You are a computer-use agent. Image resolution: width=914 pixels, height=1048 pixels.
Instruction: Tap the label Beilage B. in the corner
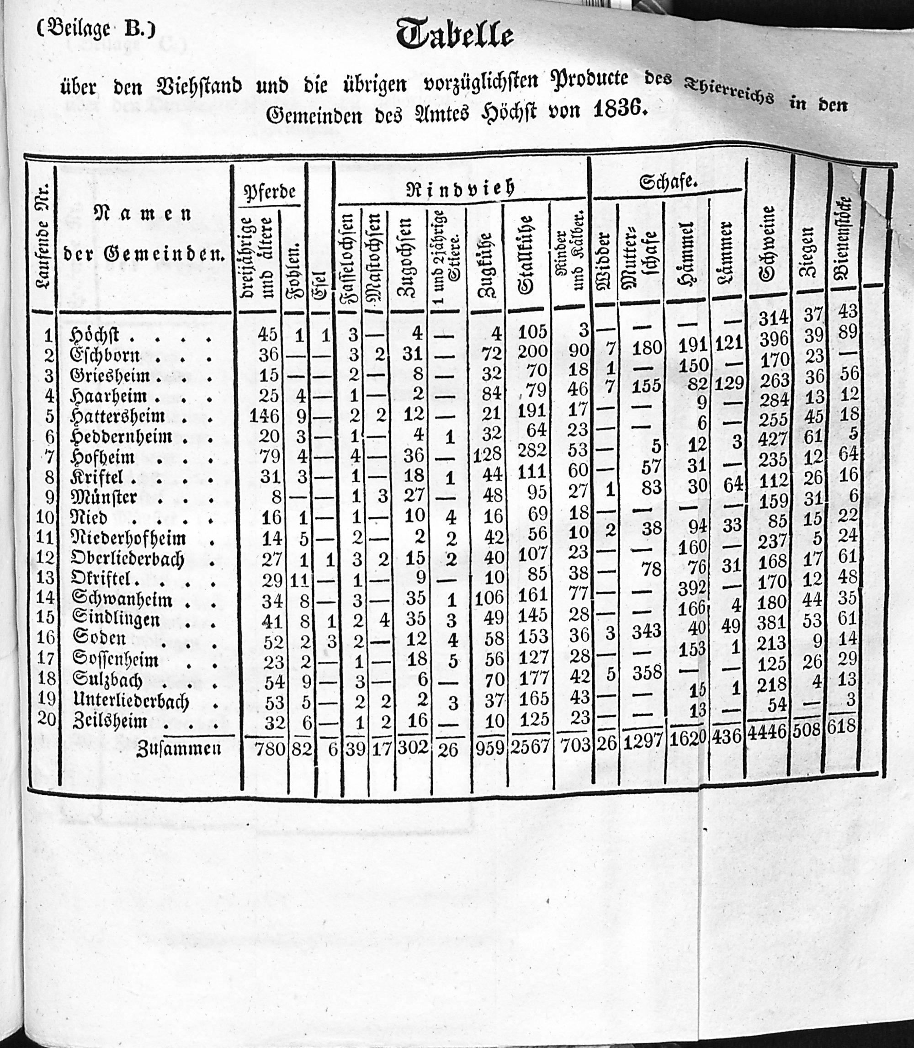(96, 29)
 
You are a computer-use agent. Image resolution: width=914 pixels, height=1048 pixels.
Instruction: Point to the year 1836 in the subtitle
(616, 109)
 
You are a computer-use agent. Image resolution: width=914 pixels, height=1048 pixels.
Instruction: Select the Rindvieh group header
(460, 189)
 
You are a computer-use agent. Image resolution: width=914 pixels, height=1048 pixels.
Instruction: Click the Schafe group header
(668, 182)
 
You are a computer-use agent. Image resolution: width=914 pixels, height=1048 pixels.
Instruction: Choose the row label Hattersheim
(118, 416)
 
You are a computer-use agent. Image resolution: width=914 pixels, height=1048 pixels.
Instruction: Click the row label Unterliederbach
(131, 702)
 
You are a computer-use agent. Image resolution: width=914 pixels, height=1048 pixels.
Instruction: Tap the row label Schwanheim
(122, 599)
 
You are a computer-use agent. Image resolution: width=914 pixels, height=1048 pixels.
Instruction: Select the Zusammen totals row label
(179, 748)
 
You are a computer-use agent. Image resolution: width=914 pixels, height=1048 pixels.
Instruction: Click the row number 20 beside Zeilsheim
(46, 718)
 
